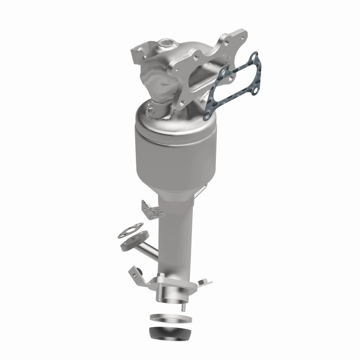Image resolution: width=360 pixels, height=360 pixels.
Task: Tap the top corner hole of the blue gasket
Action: tap(254, 57)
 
